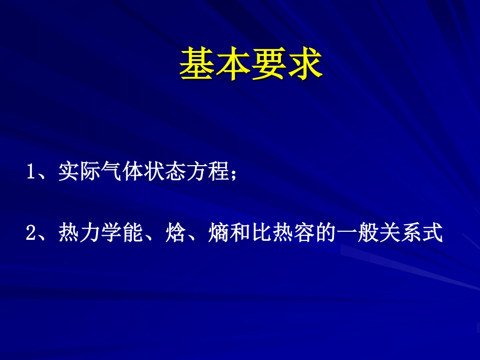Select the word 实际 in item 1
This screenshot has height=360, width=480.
pyautogui.click(x=80, y=173)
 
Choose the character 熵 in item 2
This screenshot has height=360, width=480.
pyautogui.click(x=218, y=233)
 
